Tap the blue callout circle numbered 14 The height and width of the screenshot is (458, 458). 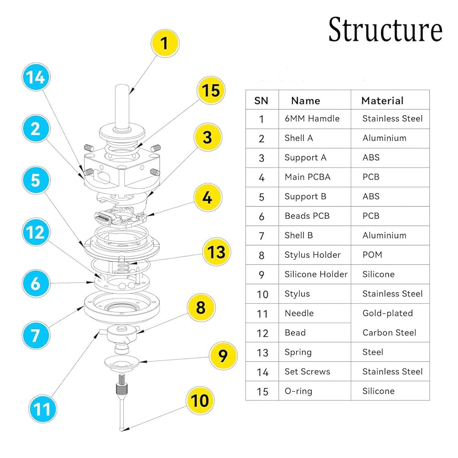pyautogui.click(x=36, y=77)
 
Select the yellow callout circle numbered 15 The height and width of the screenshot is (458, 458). pyautogui.click(x=211, y=90)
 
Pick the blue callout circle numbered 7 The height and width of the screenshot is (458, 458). pyautogui.click(x=36, y=335)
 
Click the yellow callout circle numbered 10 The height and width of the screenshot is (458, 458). pyautogui.click(x=200, y=401)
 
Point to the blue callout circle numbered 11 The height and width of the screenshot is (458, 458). pyautogui.click(x=42, y=409)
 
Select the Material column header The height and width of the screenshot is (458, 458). pyautogui.click(x=382, y=101)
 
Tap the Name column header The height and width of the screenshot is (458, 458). pyautogui.click(x=305, y=101)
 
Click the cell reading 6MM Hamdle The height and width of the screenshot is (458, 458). pyautogui.click(x=312, y=119)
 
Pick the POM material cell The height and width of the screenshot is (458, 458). pyautogui.click(x=372, y=255)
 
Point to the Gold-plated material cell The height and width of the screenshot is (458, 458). pyautogui.click(x=387, y=313)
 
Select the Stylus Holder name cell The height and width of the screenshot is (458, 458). pyautogui.click(x=312, y=255)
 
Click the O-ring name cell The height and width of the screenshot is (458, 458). pyautogui.click(x=299, y=391)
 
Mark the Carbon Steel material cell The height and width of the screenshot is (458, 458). pyautogui.click(x=389, y=333)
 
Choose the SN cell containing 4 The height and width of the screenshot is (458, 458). pyautogui.click(x=262, y=177)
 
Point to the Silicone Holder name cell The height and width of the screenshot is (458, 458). pyautogui.click(x=316, y=274)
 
